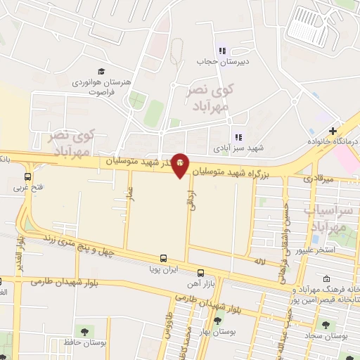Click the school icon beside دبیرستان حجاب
click(x=222, y=51)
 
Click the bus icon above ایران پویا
click(x=163, y=258)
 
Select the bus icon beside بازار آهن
click(x=200, y=273)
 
